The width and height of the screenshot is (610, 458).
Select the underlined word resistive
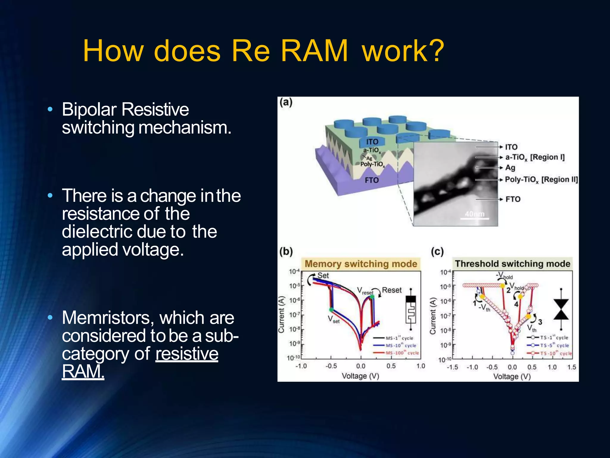[x=187, y=354]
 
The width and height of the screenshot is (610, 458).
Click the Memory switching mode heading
[x=361, y=264]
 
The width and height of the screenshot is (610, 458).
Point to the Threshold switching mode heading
[x=512, y=264]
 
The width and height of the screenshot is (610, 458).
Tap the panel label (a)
[x=286, y=102]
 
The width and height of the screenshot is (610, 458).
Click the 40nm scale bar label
[x=475, y=214]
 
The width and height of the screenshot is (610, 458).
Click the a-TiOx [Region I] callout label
[x=535, y=157]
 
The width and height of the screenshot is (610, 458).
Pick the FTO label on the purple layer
[x=372, y=180]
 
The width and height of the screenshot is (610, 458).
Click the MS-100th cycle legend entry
[x=402, y=353]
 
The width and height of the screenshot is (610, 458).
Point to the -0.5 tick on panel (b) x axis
[x=331, y=366]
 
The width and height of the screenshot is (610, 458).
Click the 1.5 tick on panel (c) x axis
[x=572, y=367]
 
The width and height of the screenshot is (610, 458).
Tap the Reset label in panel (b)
[x=392, y=290]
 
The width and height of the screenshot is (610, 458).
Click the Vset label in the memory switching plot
[x=334, y=319]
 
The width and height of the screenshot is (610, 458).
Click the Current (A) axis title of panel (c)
[x=433, y=316]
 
